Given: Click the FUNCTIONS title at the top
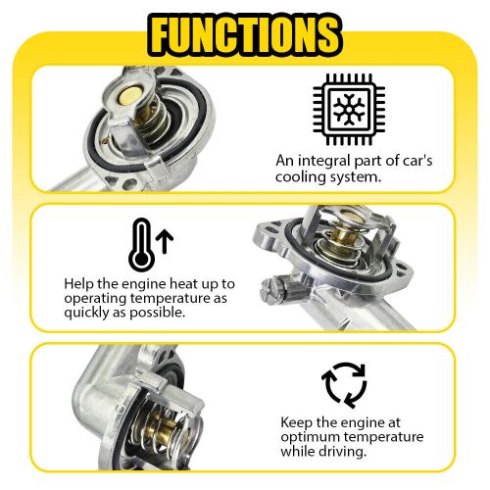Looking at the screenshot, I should click(245, 33).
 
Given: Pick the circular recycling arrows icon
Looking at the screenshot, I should click(344, 384).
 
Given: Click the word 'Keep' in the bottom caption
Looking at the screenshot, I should click(296, 422).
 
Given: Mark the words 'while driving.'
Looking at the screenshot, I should click(322, 453).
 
